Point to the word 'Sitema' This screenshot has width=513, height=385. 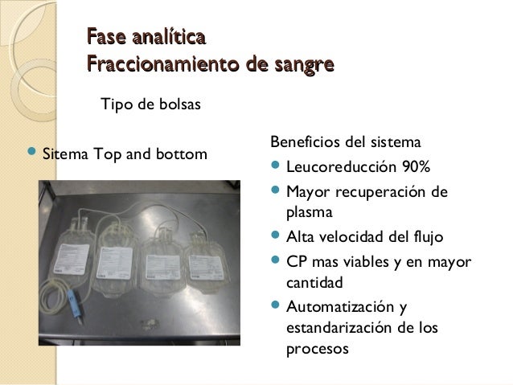tap(64, 154)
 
